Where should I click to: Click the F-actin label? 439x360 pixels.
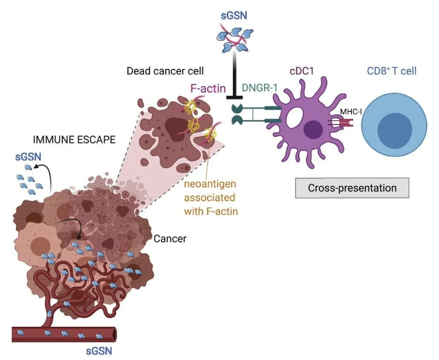207,88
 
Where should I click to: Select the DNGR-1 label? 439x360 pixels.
261,86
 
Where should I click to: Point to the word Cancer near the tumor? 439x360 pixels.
171,238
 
